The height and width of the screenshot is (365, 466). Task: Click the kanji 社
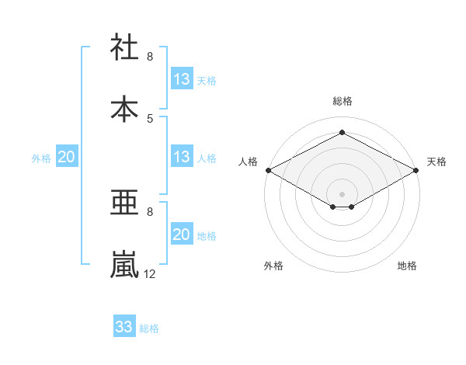(125, 47)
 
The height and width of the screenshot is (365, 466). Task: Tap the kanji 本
(125, 108)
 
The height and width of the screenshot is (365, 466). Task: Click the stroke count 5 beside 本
(150, 118)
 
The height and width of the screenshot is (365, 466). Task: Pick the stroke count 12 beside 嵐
(150, 273)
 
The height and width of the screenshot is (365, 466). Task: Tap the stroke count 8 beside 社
(150, 57)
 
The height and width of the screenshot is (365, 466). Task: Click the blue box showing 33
(124, 327)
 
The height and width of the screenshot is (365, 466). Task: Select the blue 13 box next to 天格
(182, 78)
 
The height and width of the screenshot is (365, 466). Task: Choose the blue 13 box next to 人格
(182, 157)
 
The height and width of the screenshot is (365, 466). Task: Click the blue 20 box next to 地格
(182, 235)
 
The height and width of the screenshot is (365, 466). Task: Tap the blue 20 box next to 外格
(67, 157)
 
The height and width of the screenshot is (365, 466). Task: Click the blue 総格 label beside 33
(149, 328)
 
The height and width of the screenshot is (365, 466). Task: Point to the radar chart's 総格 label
(342, 101)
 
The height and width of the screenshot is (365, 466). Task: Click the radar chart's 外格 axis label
(273, 266)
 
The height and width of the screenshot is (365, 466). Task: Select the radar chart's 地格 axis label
(407, 266)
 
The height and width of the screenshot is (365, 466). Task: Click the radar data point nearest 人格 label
(267, 170)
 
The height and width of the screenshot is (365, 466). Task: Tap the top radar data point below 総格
(342, 132)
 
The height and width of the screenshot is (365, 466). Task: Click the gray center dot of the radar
(342, 193)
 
